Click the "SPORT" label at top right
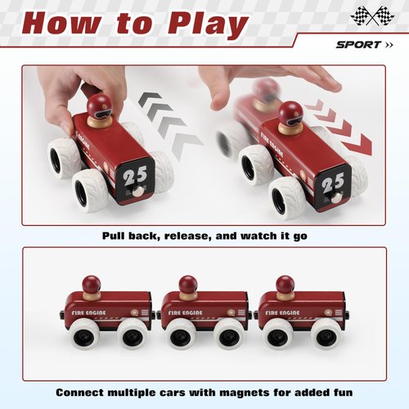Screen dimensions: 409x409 (357, 44)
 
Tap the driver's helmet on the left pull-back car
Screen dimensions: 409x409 (99, 105)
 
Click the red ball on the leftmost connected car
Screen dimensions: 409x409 (92, 283)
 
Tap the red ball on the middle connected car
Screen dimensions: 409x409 (188, 284)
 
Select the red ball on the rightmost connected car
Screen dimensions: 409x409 (285, 284)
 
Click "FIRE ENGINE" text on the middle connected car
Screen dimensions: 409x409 (187, 312)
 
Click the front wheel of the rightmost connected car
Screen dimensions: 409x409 (327, 333)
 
